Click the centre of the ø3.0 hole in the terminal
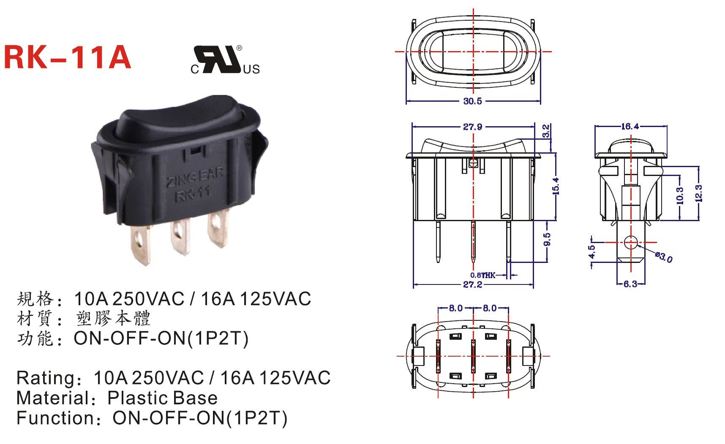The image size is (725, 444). point(630,243)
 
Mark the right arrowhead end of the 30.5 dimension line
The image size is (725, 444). point(540,101)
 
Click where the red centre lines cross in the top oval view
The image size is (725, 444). point(473,51)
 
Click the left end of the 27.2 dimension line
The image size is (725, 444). point(413,285)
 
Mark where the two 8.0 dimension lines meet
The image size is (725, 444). point(473,309)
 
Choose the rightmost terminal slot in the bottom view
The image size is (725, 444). point(508,356)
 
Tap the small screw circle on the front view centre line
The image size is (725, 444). point(473,163)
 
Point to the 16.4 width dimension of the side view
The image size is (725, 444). point(630,126)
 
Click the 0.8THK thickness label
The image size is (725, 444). point(483,275)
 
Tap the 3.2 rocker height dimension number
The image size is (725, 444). point(546,131)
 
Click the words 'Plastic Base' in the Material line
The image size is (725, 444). point(163,398)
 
